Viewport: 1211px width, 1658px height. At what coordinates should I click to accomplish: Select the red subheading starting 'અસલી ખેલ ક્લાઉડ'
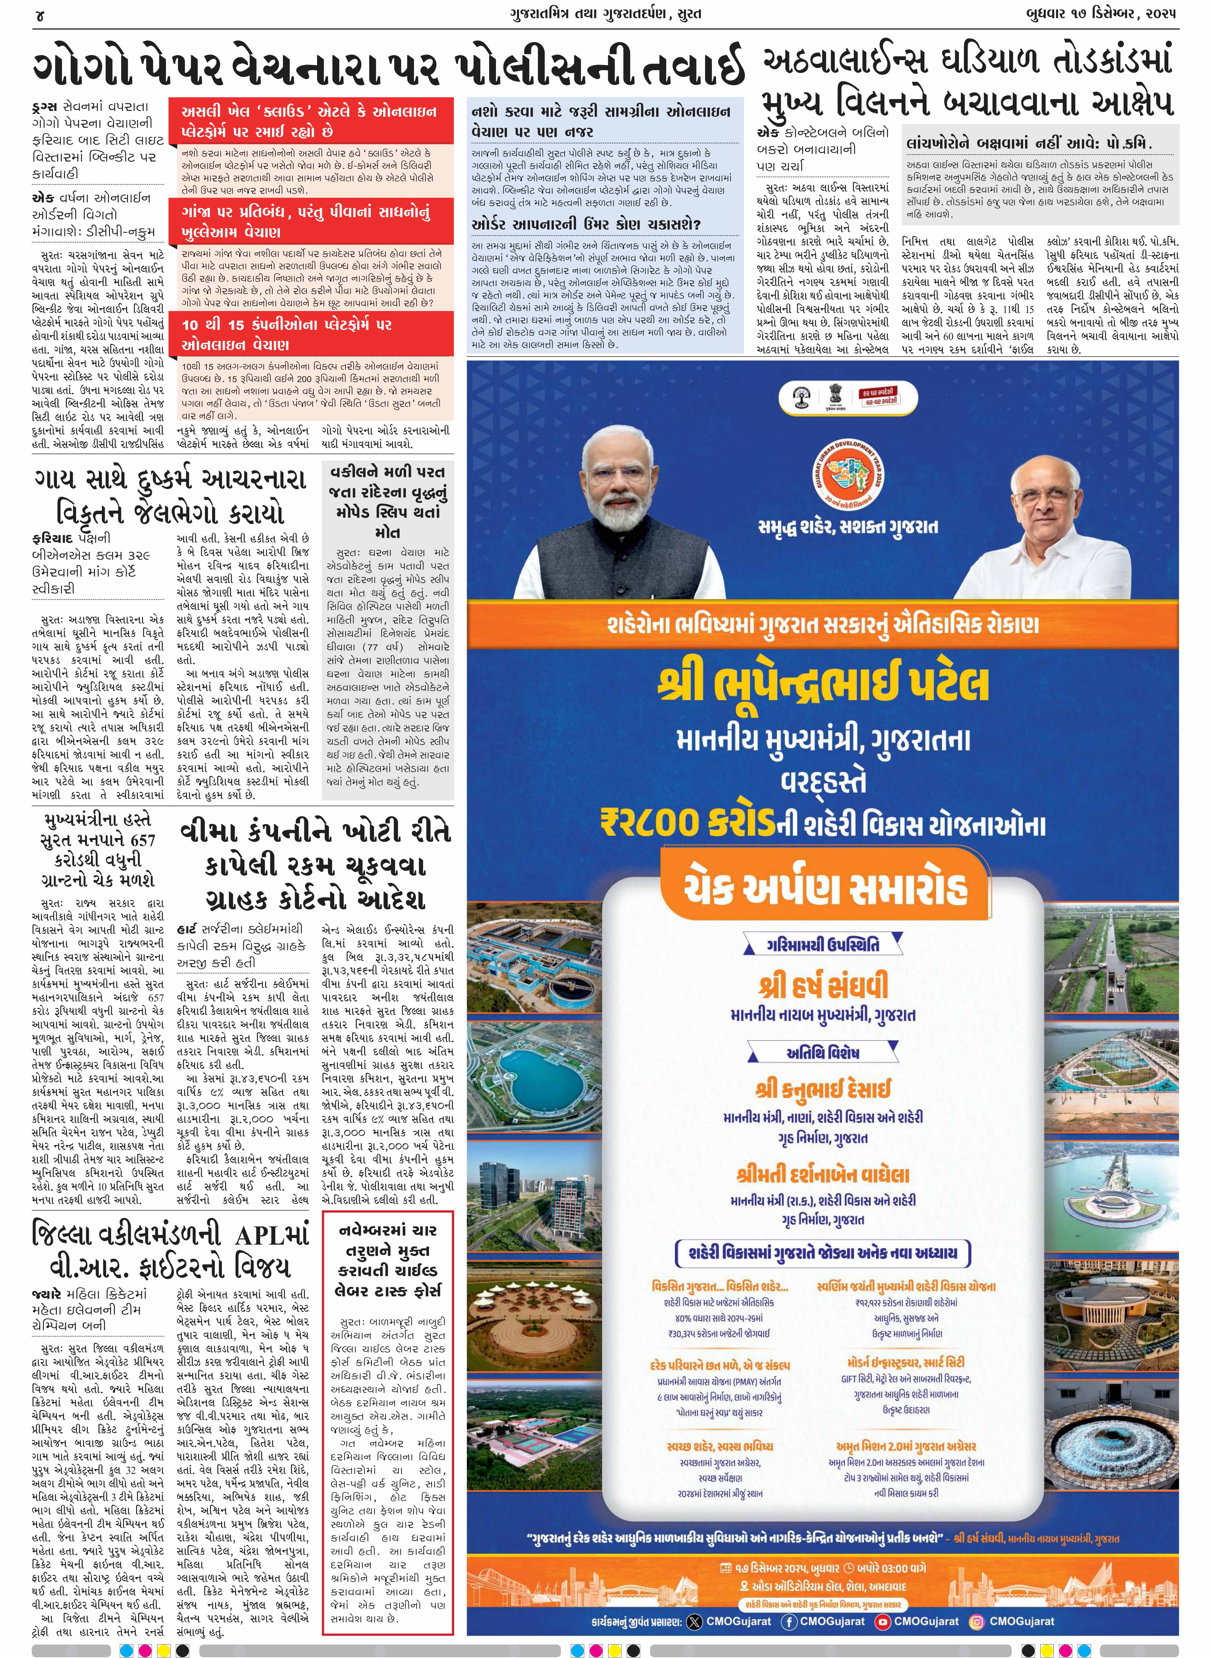tap(309, 121)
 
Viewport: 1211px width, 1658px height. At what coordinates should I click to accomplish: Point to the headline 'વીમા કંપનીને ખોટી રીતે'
tap(315, 832)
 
